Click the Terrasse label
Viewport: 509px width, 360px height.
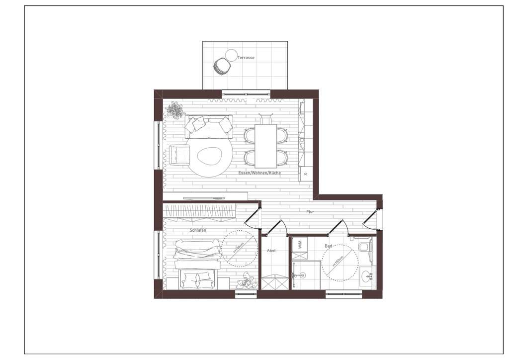pyautogui.click(x=246, y=58)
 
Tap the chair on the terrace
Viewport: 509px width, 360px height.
pyautogui.click(x=221, y=66)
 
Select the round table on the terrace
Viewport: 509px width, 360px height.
pyautogui.click(x=232, y=55)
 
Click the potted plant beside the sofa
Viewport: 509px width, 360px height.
pyautogui.click(x=175, y=109)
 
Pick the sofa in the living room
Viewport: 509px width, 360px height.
pyautogui.click(x=209, y=127)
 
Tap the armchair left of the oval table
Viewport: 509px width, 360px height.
pyautogui.click(x=180, y=154)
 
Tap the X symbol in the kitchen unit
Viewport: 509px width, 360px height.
pyautogui.click(x=305, y=174)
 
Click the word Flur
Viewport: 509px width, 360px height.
pyautogui.click(x=310, y=212)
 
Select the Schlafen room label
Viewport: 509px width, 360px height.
pyautogui.click(x=198, y=231)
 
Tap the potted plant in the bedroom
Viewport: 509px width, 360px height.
pyautogui.click(x=247, y=282)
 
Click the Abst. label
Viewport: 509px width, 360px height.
pyautogui.click(x=271, y=251)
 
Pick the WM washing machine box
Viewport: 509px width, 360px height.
pyautogui.click(x=299, y=244)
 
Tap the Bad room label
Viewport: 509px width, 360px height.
pyautogui.click(x=329, y=246)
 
